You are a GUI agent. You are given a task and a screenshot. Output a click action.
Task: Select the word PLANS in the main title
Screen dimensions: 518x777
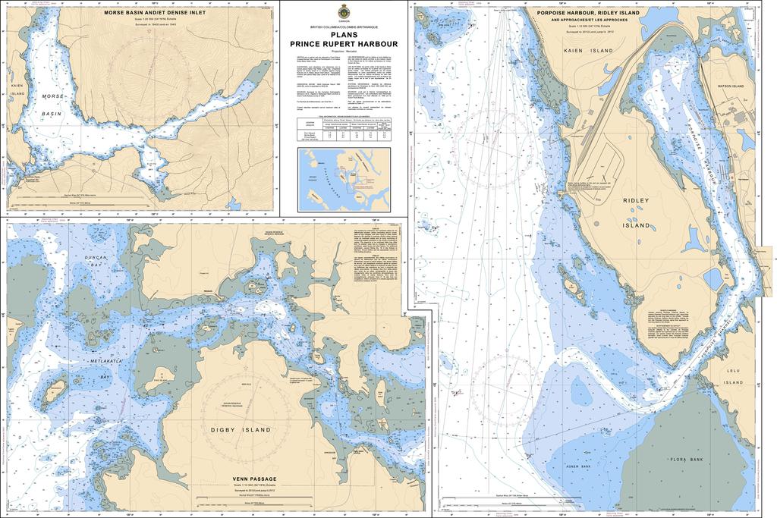tap(344, 34)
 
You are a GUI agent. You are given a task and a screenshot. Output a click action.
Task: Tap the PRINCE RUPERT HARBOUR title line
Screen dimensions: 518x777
tap(344, 44)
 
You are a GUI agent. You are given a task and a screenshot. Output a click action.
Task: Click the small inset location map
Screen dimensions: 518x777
tap(344, 180)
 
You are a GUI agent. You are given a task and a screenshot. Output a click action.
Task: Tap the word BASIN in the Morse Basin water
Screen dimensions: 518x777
tap(50, 112)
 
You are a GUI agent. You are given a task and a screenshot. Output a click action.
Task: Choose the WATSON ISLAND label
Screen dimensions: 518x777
tap(733, 86)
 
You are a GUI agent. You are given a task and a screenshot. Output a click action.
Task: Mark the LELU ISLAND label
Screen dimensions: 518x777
tap(733, 372)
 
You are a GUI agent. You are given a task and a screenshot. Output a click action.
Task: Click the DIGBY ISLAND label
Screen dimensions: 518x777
tap(241, 429)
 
